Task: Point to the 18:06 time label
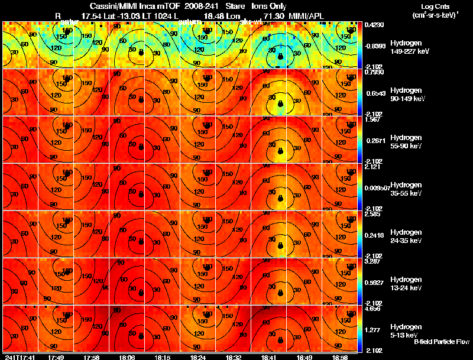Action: pyautogui.click(x=127, y=357)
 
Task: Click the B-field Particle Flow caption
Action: pyautogui.click(x=441, y=342)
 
